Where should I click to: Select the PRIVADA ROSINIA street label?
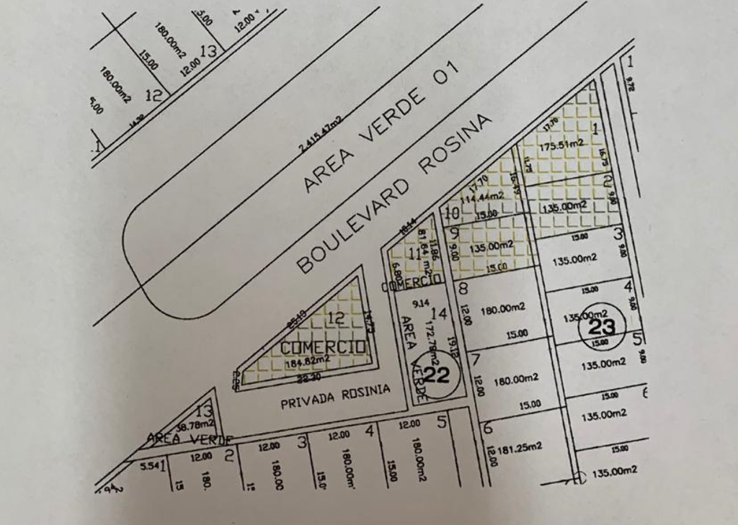pos(335,396)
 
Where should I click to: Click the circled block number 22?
pos(437,374)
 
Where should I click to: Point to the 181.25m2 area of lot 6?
pos(519,448)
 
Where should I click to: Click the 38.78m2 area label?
pos(186,426)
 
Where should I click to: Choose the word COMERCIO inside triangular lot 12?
pos(322,348)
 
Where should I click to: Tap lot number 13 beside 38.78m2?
pos(205,412)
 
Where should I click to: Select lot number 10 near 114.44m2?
pos(452,213)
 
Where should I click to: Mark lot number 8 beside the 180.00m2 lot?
pos(463,290)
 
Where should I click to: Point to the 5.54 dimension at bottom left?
pos(148,467)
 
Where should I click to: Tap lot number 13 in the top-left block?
pos(209,51)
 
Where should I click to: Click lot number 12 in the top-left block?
pos(153,94)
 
